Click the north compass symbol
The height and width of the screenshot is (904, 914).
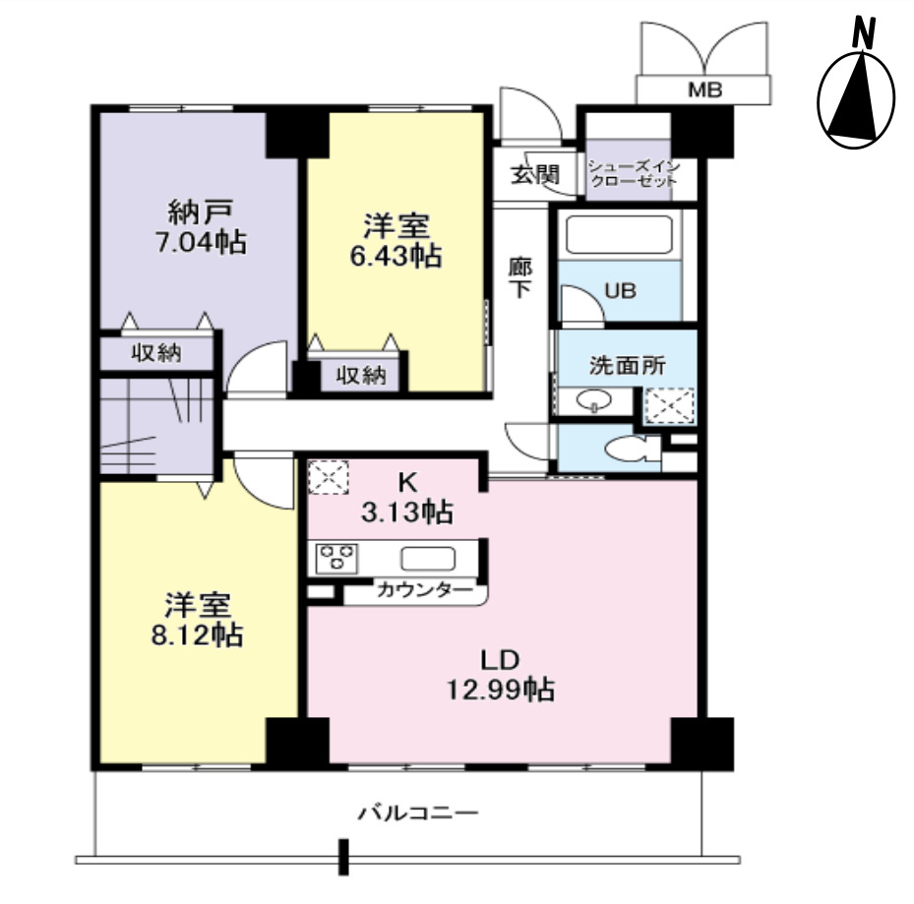pyautogui.click(x=856, y=99)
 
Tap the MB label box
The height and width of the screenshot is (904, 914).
pyautogui.click(x=703, y=90)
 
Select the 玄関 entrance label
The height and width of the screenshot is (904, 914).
pyautogui.click(x=534, y=175)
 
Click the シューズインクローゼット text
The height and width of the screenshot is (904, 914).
pyautogui.click(x=633, y=174)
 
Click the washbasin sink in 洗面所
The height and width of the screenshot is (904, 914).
pyautogui.click(x=593, y=402)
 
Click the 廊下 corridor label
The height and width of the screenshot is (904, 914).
pyautogui.click(x=518, y=278)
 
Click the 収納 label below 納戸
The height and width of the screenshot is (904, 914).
pyautogui.click(x=157, y=353)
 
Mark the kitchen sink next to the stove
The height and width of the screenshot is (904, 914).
pyautogui.click(x=427, y=558)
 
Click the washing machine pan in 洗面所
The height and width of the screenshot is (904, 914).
pyautogui.click(x=669, y=404)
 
